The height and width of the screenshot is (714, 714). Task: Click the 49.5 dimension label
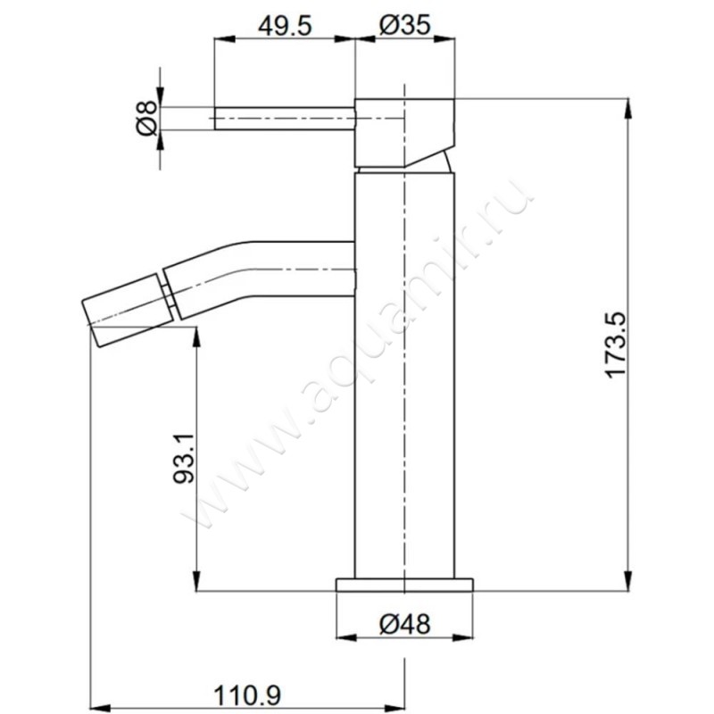(x=285, y=26)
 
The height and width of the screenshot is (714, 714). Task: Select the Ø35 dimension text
(x=405, y=25)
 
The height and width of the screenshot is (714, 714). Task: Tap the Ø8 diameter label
(x=146, y=119)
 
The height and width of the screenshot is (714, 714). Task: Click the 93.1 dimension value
(x=184, y=458)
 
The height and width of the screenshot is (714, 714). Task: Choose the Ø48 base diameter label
(x=404, y=624)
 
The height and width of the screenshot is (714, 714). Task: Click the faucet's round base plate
(x=404, y=585)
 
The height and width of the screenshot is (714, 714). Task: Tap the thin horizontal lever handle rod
(x=285, y=119)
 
